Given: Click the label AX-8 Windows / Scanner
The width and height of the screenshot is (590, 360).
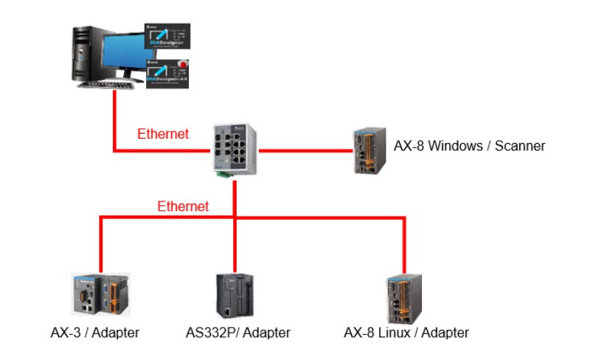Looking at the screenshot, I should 470,146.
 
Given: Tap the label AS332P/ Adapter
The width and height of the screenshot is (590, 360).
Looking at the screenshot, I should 238,333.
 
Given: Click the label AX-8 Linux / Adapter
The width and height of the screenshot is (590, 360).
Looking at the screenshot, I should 406,333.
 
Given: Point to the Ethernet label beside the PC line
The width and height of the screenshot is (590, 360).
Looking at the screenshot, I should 163,134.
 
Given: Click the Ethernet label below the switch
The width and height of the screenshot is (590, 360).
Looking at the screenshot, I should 183,207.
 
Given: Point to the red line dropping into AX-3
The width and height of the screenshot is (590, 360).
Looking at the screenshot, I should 100,243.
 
